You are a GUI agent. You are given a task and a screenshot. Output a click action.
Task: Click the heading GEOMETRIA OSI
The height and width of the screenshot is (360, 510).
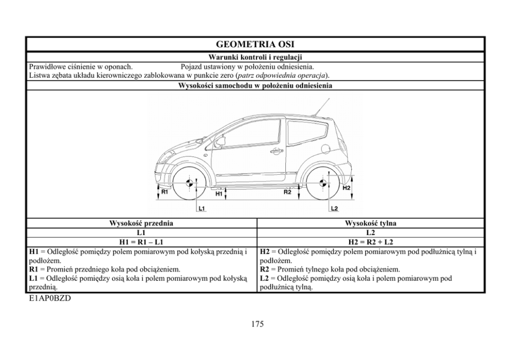(x=255, y=44)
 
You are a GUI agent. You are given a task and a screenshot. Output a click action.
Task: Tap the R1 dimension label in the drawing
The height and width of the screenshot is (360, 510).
(x=165, y=192)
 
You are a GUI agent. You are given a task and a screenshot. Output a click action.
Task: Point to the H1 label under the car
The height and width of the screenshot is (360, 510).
(x=218, y=194)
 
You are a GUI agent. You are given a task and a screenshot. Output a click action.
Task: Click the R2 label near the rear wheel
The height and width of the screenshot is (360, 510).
(x=288, y=192)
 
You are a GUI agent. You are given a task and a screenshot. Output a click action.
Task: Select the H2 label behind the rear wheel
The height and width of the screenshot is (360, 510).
(x=346, y=188)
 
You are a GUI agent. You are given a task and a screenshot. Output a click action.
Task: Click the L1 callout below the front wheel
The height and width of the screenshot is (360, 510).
(x=202, y=208)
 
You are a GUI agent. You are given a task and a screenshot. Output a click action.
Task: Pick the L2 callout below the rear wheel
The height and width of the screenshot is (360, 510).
(x=334, y=208)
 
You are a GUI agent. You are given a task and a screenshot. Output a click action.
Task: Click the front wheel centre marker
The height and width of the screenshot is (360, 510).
(x=190, y=183)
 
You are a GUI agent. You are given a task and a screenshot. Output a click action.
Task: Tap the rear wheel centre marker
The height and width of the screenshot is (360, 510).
(x=322, y=183)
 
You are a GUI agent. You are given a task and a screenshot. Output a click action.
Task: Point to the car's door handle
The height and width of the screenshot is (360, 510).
(x=277, y=151)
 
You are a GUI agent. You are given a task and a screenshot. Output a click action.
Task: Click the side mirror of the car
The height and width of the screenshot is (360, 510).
(x=221, y=141)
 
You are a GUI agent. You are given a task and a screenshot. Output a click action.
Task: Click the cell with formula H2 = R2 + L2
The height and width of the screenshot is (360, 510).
(x=370, y=242)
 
